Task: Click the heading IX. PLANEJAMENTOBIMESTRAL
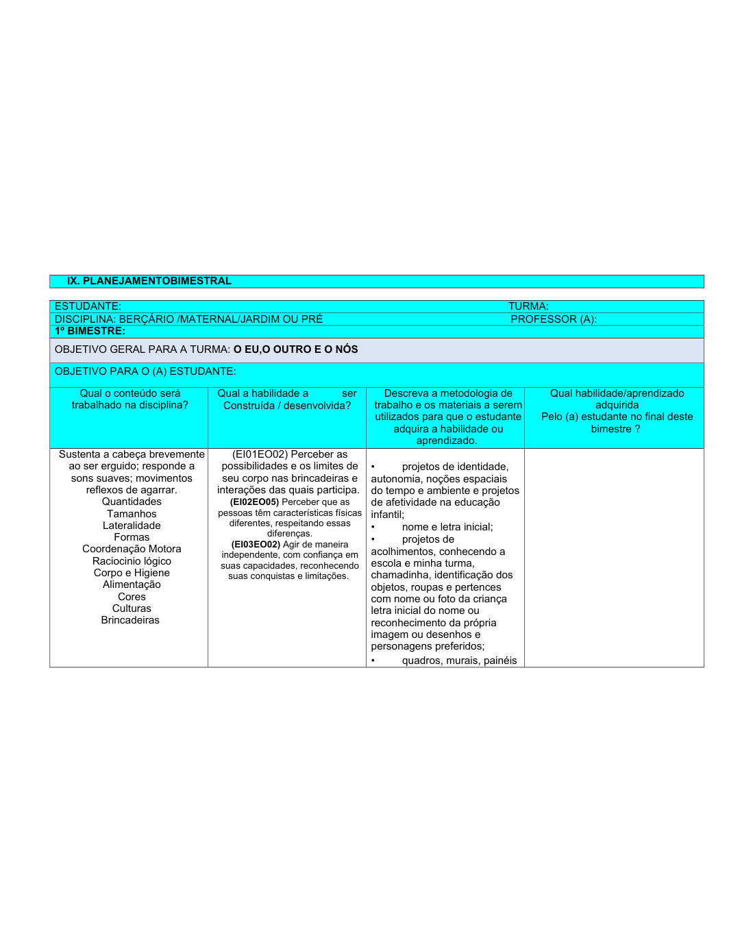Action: point(149,281)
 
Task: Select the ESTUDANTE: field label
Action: point(88,306)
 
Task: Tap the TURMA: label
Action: point(528,306)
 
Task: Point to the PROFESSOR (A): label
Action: point(554,319)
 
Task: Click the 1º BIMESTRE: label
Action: point(90,331)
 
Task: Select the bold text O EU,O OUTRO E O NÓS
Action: point(295,349)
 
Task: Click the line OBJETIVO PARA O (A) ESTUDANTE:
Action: point(145,371)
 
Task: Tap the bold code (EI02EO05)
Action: point(254,502)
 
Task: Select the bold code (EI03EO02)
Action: point(256,545)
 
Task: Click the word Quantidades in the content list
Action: point(132,502)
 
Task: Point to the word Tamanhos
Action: point(132,514)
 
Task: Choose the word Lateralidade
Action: point(132,526)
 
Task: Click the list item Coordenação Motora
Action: point(132,549)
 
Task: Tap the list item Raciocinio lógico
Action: point(132,561)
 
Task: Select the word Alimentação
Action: point(132,584)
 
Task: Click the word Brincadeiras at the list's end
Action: point(130,620)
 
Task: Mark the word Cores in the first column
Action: point(132,597)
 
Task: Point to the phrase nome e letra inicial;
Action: point(447,527)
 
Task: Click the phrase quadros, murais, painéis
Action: point(459,661)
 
